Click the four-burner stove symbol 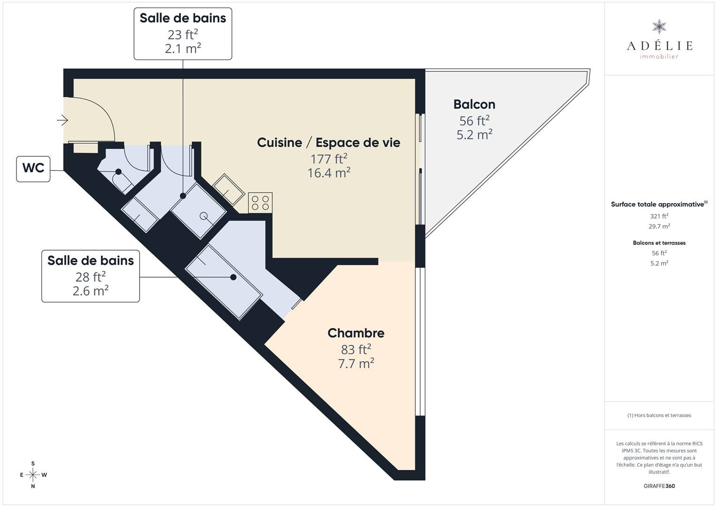260,203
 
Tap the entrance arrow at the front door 62,121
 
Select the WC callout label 33,169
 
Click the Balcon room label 474,104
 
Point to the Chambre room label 356,333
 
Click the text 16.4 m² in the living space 329,173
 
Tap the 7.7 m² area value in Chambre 356,363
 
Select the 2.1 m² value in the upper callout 183,48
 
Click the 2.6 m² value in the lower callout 91,291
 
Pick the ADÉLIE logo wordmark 659,46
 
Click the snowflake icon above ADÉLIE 659,27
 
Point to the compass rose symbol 33,475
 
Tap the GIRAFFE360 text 659,486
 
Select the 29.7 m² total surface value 659,226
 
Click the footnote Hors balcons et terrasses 659,415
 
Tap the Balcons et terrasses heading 659,243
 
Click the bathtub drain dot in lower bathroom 234,277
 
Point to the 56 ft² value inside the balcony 474,121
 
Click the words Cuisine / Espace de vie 328,143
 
